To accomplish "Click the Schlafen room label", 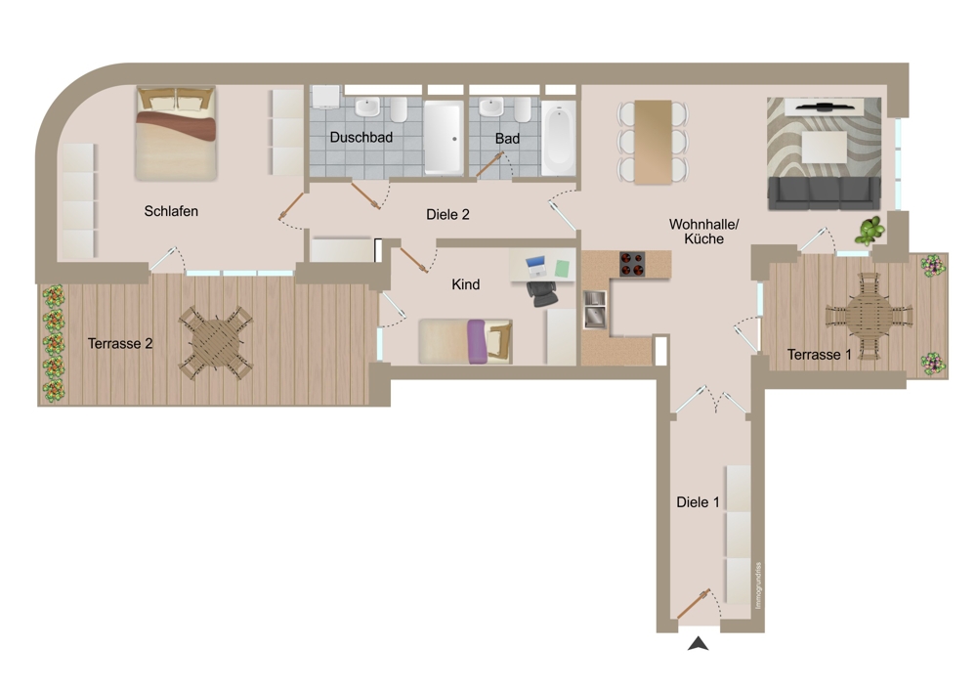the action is coord(171,211).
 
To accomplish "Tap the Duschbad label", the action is coord(361,137).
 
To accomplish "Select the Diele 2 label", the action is coord(447,214).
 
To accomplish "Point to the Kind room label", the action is coord(465,284).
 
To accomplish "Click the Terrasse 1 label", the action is coord(820,355).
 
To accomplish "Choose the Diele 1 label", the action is coord(698,501).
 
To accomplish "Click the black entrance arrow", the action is coord(698,643).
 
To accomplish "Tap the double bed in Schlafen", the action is coord(176,133).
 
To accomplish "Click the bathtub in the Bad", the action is coord(558,139).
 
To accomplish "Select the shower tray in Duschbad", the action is coord(443,138).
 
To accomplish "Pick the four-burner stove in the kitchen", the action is coord(632,264).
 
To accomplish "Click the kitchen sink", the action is coord(594,309).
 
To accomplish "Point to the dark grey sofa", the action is coord(824,194).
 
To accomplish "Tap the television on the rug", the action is coord(824,107).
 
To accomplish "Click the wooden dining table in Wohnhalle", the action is coord(653,142).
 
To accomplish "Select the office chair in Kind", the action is coord(542,293).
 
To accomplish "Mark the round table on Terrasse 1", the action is coord(869,316).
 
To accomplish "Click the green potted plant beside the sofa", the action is coord(870,231).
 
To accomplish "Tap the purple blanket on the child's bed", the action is coord(476,341).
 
